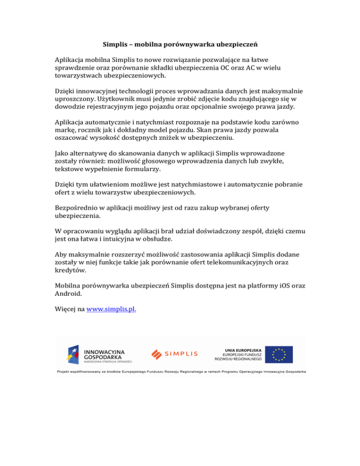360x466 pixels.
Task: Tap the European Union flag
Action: pos(278,355)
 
